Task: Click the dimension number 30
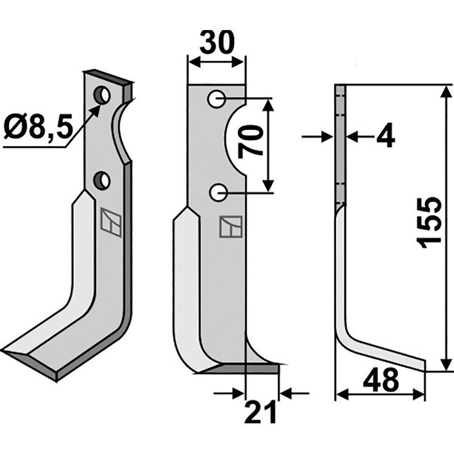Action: (217, 44)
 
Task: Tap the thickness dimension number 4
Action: (386, 137)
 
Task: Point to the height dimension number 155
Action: (430, 223)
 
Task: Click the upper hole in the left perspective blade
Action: (103, 94)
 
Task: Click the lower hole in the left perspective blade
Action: (103, 180)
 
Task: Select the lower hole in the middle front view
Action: (217, 194)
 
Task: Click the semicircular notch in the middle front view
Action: (236, 139)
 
